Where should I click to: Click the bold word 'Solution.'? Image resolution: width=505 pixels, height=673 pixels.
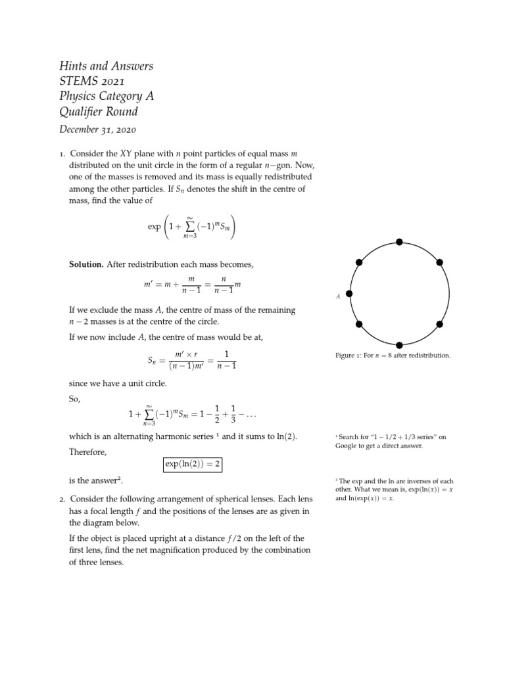pyautogui.click(x=86, y=264)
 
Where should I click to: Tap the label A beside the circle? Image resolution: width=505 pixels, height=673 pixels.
pyautogui.click(x=338, y=297)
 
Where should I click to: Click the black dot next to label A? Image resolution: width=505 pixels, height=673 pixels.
pyautogui.click(x=350, y=293)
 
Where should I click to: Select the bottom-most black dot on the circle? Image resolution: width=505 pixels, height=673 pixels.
pyautogui.click(x=400, y=344)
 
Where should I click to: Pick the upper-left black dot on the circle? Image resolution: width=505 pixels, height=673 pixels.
pyautogui.click(x=359, y=262)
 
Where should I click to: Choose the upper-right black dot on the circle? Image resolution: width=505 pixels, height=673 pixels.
pyautogui.click(x=440, y=262)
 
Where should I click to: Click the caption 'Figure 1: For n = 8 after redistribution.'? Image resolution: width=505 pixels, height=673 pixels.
pyautogui.click(x=393, y=356)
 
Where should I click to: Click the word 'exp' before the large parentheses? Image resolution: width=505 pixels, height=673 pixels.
pyautogui.click(x=155, y=227)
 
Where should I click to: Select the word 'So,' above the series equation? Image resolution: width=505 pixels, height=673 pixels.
pyautogui.click(x=76, y=398)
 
